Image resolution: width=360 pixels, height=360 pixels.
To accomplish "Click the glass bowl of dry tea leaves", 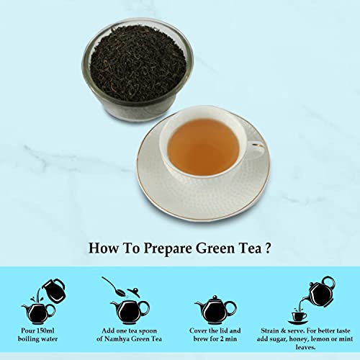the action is [138, 70].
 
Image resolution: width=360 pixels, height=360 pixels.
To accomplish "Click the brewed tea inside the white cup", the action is [203, 145].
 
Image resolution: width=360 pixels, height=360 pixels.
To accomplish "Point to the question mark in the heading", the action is [268, 248].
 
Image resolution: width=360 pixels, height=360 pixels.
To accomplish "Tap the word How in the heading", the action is [104, 248].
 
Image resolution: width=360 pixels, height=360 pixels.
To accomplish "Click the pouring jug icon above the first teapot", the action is [54, 290].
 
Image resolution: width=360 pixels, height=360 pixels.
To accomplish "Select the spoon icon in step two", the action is [113, 287].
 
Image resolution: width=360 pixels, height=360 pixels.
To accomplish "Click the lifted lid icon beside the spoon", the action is [133, 293].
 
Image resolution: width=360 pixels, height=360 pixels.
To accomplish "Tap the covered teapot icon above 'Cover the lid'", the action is [215, 310].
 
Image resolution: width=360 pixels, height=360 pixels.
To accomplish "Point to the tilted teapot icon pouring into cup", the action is [319, 292].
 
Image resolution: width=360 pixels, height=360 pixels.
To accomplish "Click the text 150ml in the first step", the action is [45, 330].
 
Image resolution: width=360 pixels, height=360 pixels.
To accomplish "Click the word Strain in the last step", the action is [270, 330].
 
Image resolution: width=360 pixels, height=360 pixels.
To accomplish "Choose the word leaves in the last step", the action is [305, 347].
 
